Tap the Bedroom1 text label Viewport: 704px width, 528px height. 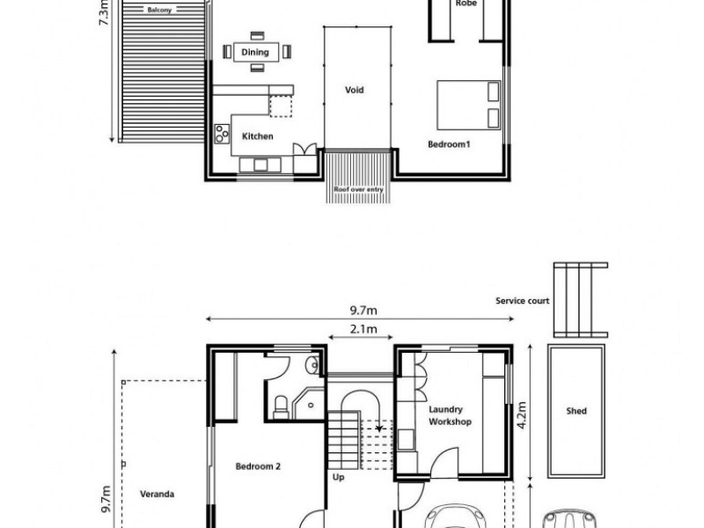(449, 143)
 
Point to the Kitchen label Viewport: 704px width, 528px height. (258, 136)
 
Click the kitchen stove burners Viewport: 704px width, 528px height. (221, 136)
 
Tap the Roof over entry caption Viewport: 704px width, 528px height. (356, 189)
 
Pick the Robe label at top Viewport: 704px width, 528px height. (466, 4)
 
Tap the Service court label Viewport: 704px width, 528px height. (523, 301)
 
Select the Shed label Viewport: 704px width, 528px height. (576, 411)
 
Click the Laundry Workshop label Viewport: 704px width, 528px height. (450, 415)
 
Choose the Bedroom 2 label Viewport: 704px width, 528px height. (258, 467)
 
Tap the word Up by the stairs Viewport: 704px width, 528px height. (339, 480)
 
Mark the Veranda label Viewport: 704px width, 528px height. (158, 495)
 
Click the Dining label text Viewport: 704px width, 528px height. (255, 52)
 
